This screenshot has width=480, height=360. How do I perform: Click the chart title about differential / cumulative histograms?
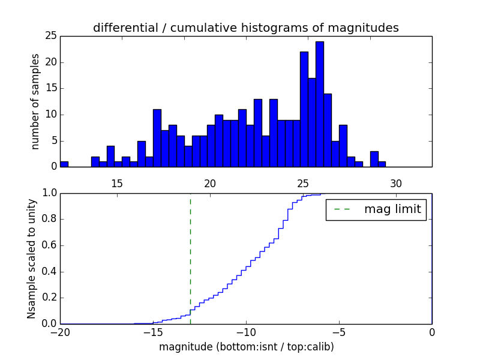(x=245, y=28)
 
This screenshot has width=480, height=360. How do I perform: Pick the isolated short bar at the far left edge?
(x=64, y=164)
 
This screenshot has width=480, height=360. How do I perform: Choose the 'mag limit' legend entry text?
(x=392, y=209)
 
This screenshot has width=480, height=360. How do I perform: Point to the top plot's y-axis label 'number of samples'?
(x=35, y=101)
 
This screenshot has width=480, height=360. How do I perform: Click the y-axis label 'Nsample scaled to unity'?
(x=31, y=258)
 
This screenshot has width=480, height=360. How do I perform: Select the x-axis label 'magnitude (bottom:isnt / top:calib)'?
(x=246, y=347)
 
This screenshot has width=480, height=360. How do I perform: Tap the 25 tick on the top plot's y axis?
(x=50, y=36)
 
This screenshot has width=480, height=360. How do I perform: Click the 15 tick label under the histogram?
(x=117, y=183)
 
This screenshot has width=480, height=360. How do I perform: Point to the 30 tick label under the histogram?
(x=396, y=183)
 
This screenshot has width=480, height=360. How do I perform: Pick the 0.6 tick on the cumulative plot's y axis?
(x=49, y=245)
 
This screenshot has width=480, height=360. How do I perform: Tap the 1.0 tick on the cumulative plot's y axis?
(x=49, y=193)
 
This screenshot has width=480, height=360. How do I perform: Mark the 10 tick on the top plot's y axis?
(x=50, y=115)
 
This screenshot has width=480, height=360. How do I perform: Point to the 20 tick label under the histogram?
(x=210, y=183)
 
